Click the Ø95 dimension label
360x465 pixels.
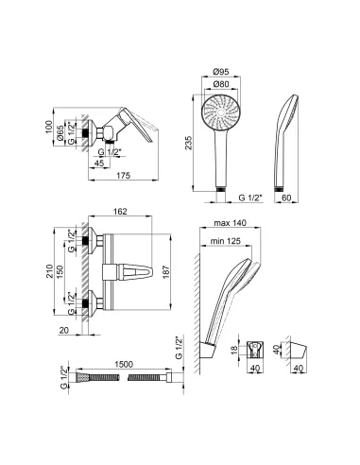tap(221, 72)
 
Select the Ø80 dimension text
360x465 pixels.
tap(221, 84)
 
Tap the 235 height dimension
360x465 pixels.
tap(188, 143)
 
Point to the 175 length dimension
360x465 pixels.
tap(124, 176)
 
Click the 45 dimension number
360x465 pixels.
tap(99, 164)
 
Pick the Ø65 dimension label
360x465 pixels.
tap(60, 132)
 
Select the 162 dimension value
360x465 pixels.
tap(121, 211)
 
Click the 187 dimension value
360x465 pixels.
tap(165, 272)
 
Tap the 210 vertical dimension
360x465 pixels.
tap(50, 271)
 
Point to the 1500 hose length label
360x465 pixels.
tap(124, 364)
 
